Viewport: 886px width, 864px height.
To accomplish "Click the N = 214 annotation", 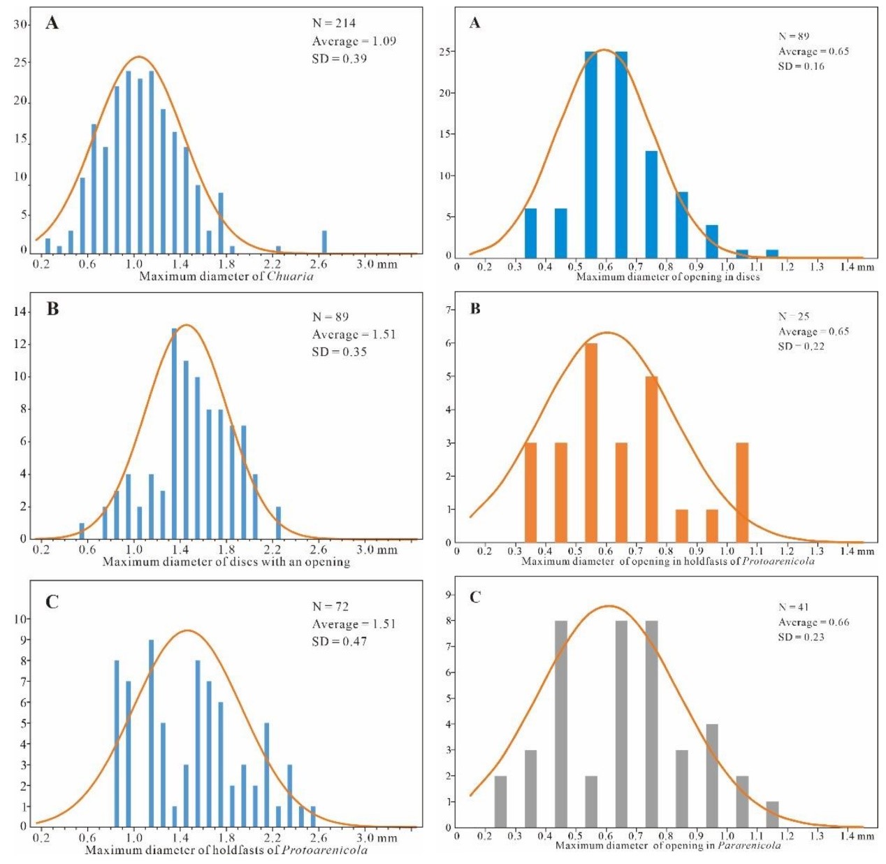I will (x=333, y=23).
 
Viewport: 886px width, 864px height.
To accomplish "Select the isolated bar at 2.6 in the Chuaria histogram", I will (x=324, y=241).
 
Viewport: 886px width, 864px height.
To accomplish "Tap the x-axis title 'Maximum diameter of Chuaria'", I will (x=226, y=276).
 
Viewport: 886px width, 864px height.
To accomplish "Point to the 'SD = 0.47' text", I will (x=339, y=641).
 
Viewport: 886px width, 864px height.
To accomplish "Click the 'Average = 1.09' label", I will (x=354, y=41).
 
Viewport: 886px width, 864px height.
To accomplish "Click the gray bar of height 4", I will (x=712, y=775).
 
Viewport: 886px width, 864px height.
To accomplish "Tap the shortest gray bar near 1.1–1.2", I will (x=772, y=814).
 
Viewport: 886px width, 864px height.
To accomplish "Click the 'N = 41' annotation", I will (x=793, y=607).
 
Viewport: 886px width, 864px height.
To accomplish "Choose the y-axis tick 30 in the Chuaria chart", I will (x=20, y=24).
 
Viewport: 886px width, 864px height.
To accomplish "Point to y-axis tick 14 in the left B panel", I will (x=20, y=311).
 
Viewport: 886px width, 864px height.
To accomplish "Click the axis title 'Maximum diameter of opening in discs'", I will (x=667, y=277).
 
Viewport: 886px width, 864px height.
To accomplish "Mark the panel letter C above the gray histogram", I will (x=475, y=597).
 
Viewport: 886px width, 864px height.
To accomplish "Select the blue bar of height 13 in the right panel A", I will (x=651, y=204).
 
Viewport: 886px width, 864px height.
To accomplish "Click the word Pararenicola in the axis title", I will (x=749, y=846).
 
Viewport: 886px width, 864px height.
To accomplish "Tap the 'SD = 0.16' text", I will (x=801, y=66).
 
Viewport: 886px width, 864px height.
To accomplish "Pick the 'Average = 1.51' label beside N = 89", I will (x=354, y=334).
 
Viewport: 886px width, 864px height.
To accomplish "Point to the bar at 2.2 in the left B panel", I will (x=278, y=522).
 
